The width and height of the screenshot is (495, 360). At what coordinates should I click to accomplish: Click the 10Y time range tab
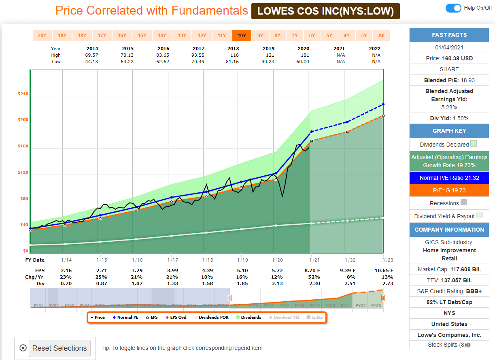click(x=242, y=36)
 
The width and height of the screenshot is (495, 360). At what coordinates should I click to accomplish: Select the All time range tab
click(x=381, y=36)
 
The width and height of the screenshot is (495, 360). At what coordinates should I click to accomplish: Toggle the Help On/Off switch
click(x=453, y=8)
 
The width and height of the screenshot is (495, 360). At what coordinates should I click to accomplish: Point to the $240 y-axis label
click(x=23, y=94)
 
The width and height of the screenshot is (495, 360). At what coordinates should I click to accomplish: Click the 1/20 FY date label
click(x=277, y=260)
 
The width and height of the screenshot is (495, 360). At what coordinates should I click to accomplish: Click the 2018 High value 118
click(x=233, y=55)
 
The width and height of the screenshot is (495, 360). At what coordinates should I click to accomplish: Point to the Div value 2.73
click(x=388, y=283)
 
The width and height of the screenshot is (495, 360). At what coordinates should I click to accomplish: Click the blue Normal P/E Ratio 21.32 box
click(x=449, y=178)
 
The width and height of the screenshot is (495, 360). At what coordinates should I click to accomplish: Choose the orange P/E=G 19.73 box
click(x=449, y=191)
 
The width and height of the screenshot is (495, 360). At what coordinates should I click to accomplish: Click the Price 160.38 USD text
click(x=449, y=58)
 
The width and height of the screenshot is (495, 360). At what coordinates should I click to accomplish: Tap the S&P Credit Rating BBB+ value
click(x=449, y=291)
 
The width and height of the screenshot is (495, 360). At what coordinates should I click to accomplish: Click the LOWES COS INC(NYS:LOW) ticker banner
click(x=325, y=11)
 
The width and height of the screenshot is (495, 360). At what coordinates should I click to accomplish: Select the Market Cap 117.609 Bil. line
click(x=449, y=269)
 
